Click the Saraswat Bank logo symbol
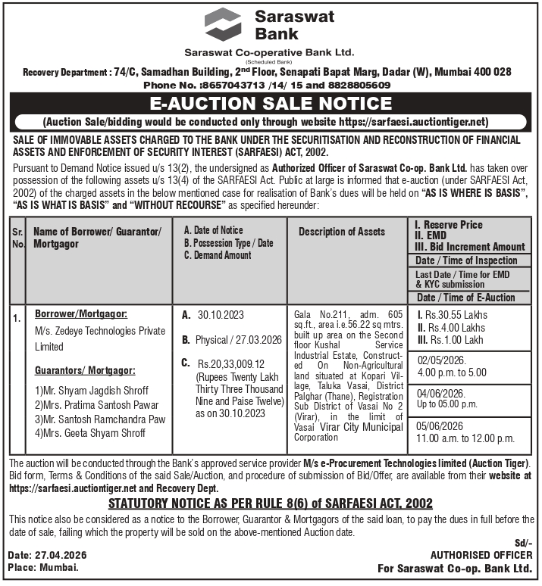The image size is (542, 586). pos(223,24)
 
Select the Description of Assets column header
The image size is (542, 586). pos(341,232)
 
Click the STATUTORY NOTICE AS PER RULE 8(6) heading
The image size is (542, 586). pos(271,503)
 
